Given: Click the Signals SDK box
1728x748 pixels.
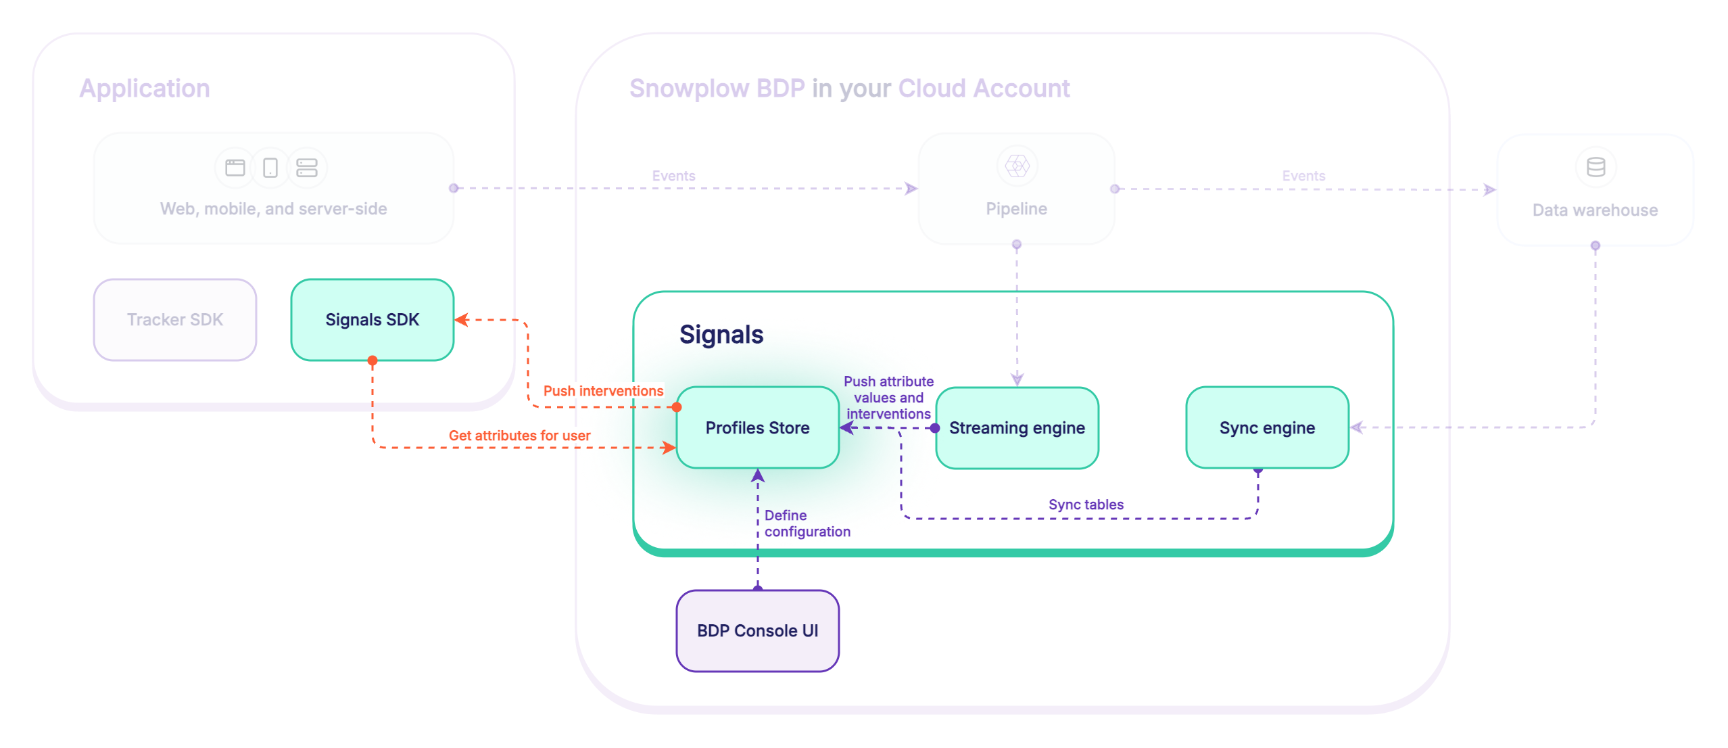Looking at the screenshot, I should coord(372,319).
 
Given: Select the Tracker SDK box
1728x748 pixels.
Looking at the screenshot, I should coord(175,319).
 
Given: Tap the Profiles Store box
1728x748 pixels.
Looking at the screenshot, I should coord(757,427).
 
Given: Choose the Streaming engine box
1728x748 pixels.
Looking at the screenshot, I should coord(1017,427).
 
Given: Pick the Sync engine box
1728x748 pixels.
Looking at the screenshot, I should coord(1267,427).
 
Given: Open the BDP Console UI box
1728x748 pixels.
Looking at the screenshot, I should coord(757,630).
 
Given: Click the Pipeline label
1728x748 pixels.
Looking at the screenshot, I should coord(1016,209).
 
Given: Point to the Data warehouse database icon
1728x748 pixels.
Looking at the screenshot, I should coord(1595,167).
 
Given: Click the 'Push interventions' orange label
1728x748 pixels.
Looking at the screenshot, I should coord(603,391).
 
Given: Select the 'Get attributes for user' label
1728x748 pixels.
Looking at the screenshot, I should coord(519,436).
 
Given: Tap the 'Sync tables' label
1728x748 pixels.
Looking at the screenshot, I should coord(1086,505).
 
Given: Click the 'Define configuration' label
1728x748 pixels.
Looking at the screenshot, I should coord(807,523).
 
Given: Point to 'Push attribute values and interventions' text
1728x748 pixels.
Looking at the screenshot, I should coord(888,398).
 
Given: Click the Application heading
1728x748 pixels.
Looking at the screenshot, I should coord(145,89).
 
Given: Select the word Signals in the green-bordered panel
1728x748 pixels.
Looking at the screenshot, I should coord(721,334).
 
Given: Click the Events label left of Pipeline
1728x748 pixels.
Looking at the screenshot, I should coord(673,176).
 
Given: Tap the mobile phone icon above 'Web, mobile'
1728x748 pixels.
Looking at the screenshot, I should coord(270,167).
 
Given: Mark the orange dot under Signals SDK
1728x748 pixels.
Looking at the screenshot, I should coord(373,360).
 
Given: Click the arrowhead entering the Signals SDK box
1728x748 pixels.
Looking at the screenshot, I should coord(462,320).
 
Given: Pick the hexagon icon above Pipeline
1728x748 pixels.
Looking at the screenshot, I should coord(1017,166).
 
